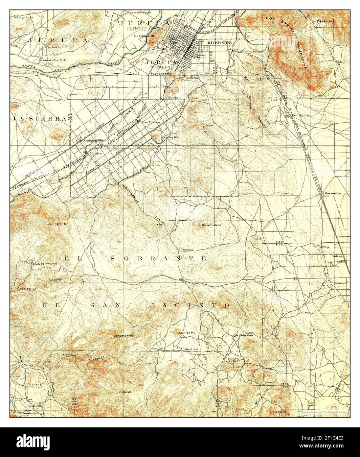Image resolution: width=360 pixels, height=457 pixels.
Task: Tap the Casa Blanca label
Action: (x=150, y=122)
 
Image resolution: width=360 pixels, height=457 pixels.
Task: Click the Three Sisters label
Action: (x=211, y=225)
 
